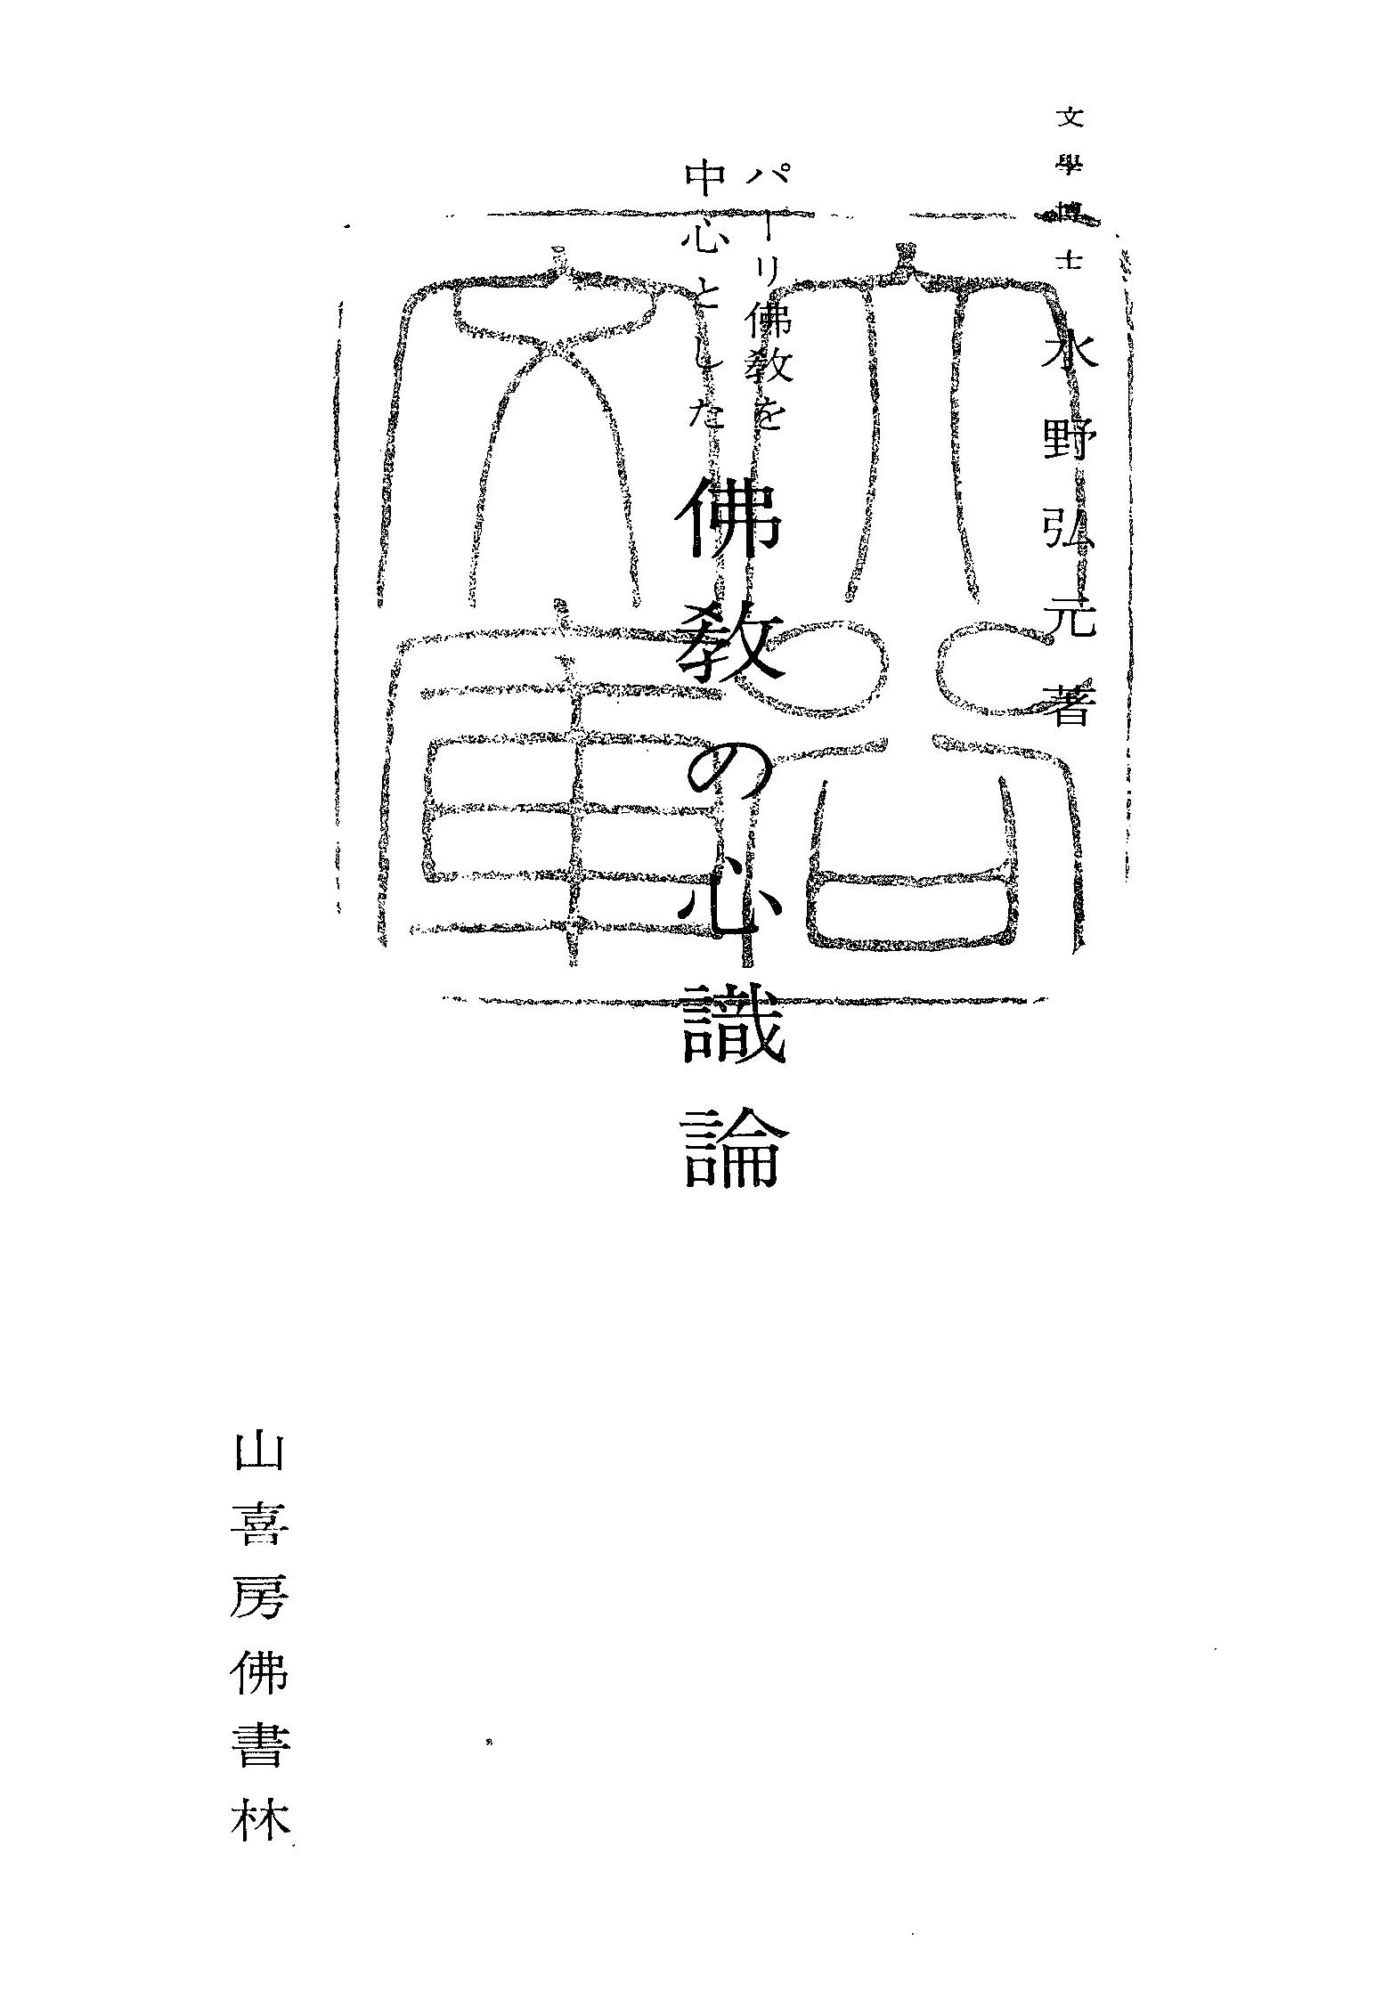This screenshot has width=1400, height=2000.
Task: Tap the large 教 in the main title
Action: (x=729, y=654)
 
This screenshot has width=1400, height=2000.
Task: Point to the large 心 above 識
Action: (x=729, y=908)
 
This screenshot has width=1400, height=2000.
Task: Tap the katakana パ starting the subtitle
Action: (x=759, y=185)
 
